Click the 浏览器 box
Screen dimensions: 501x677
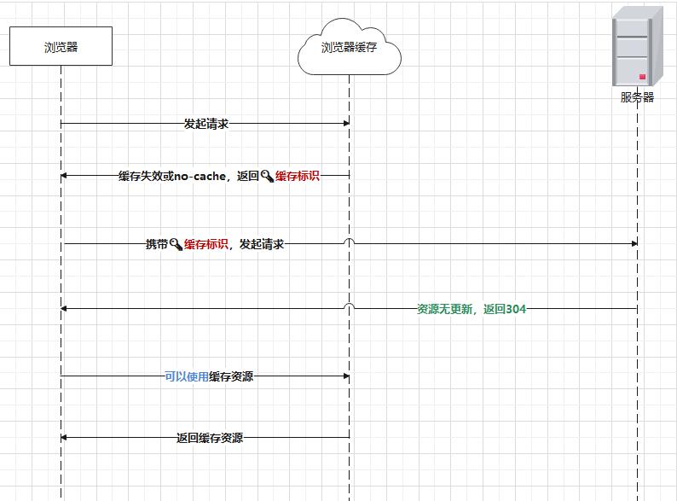61,46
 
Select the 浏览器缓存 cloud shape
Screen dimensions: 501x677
349,49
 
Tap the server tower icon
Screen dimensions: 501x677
637,47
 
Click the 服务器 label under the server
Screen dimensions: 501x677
637,97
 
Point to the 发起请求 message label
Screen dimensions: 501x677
206,124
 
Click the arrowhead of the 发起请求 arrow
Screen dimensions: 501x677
345,124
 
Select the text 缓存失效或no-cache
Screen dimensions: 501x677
172,176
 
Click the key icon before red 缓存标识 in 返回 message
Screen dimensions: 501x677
267,176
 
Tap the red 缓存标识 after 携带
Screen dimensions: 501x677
205,244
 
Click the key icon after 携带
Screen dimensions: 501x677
176,244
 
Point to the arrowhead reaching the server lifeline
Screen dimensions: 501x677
634,243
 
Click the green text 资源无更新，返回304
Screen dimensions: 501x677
472,309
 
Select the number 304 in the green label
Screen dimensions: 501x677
516,309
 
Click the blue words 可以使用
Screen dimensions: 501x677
187,376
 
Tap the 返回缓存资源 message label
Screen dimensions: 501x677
210,438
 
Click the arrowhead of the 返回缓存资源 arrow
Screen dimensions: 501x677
65,438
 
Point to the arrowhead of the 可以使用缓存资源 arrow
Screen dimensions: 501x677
345,376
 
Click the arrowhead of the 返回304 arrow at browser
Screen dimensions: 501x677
65,309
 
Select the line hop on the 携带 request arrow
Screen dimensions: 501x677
350,242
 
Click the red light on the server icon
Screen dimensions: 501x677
642,77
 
